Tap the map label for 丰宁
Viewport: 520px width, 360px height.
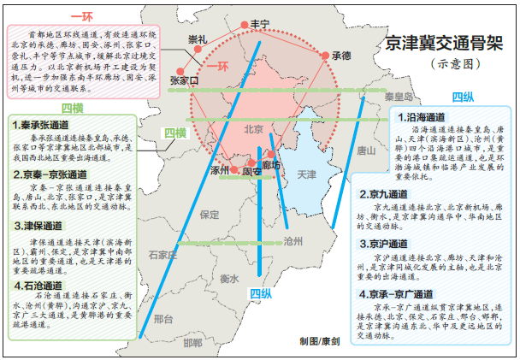click(x=260, y=23)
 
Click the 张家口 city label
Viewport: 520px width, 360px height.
click(x=184, y=80)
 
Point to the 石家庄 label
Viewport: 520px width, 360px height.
click(x=162, y=255)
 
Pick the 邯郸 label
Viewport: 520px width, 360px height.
click(x=193, y=342)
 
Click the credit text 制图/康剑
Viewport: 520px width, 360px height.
click(x=319, y=341)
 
